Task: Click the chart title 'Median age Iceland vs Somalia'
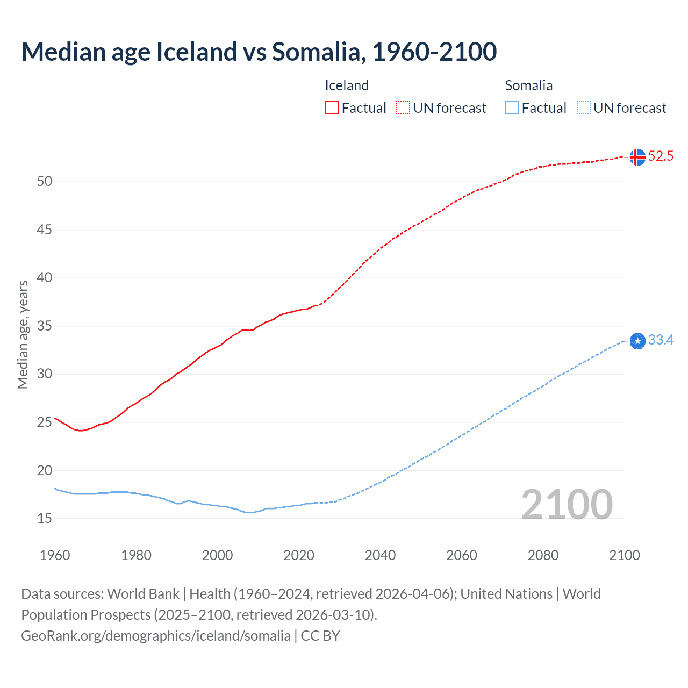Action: point(259,52)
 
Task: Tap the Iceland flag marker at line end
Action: point(637,157)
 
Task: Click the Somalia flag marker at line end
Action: point(637,341)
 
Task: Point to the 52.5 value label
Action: point(661,156)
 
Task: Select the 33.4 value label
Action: point(661,340)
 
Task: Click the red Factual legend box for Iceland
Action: point(332,108)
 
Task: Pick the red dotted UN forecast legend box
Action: point(403,108)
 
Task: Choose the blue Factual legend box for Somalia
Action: point(512,108)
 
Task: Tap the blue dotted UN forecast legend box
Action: point(583,108)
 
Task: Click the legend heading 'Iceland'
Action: point(347,85)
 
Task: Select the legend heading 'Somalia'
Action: point(528,85)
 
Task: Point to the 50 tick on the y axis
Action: point(45,182)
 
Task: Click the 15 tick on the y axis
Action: point(45,519)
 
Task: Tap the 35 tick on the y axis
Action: point(45,326)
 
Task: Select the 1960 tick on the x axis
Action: point(55,555)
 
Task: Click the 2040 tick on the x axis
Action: point(380,555)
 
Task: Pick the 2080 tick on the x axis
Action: point(543,555)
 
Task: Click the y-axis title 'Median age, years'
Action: point(23,334)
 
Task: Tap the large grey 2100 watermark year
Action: point(567,505)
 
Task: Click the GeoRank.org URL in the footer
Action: point(155,636)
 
